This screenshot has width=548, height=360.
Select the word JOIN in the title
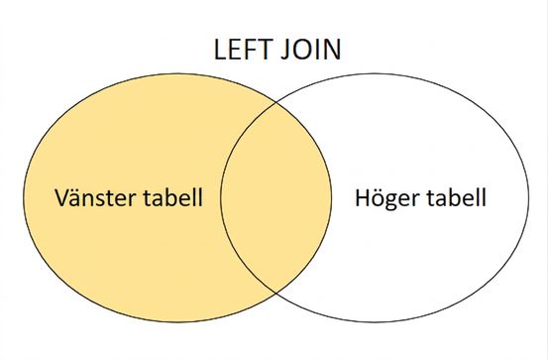(x=311, y=50)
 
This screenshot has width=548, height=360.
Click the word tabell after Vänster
(x=173, y=196)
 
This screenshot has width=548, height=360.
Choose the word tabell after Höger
(x=456, y=196)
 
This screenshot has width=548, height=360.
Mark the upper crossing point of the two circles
(x=276, y=103)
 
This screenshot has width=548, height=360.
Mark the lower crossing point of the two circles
(x=276, y=293)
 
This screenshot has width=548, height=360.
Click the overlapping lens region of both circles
(x=276, y=197)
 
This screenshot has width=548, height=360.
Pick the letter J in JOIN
(x=285, y=50)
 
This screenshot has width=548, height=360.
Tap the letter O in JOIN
(x=302, y=50)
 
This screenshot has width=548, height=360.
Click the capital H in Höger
(x=363, y=198)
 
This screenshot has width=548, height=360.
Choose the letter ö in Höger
(x=380, y=198)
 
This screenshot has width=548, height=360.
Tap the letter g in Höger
(x=395, y=202)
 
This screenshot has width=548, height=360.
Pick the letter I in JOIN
(x=318, y=50)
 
